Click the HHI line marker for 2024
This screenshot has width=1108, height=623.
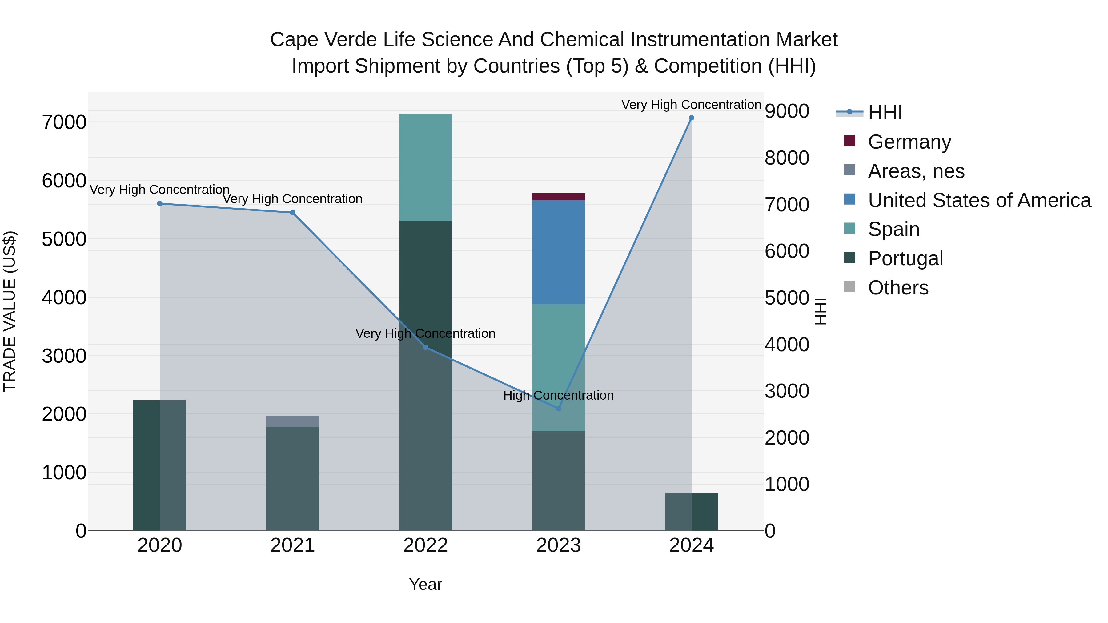[x=691, y=118]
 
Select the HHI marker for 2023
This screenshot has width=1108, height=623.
[x=558, y=409]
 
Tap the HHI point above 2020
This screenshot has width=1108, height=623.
[x=159, y=203]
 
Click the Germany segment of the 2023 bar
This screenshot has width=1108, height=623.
[x=558, y=197]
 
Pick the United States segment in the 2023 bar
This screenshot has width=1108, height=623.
[x=558, y=252]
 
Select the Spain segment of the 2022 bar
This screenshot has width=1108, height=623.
[x=425, y=168]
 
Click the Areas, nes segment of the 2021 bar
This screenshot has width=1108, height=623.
[x=292, y=421]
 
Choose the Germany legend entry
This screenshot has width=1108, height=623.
[x=909, y=142]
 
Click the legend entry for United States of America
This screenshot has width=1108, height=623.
[x=979, y=200]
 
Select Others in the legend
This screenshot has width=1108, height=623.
[x=898, y=288]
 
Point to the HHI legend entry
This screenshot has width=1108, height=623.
[x=885, y=113]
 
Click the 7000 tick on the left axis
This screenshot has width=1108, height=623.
[x=64, y=122]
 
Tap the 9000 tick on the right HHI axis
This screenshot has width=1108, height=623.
[x=787, y=111]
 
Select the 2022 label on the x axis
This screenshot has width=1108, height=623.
[x=425, y=545]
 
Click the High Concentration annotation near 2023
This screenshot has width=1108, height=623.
[x=558, y=395]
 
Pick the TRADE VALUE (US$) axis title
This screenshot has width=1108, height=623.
[x=10, y=311]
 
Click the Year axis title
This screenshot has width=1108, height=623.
[x=425, y=584]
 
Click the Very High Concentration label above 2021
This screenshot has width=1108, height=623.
[x=292, y=199]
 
